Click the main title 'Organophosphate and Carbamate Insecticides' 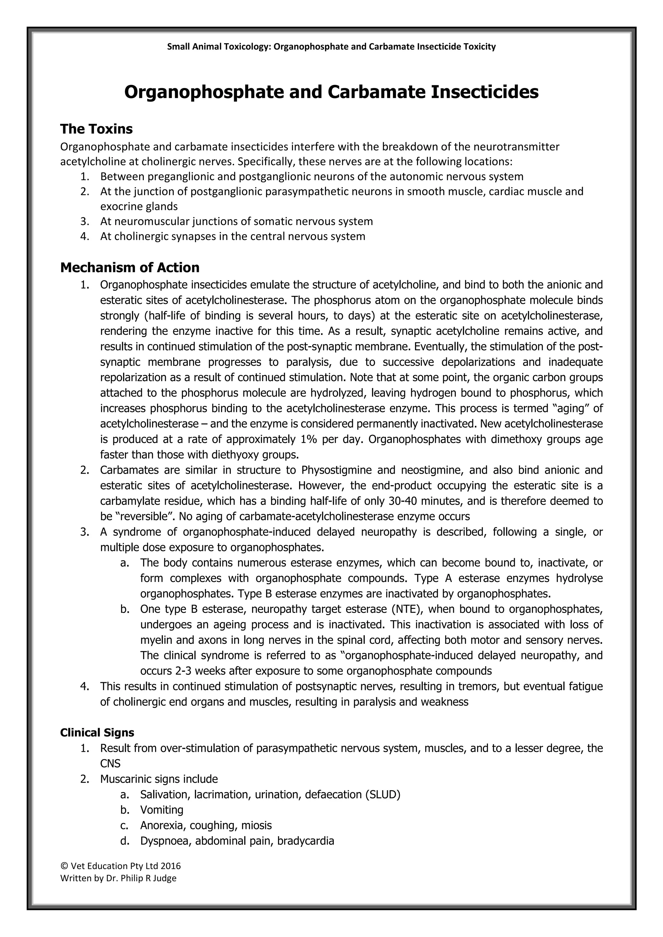pos(331,92)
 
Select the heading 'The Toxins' pos(96,129)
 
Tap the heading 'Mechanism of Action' pos(130,268)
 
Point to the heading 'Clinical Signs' pos(97,733)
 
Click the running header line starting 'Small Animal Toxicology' pos(331,47)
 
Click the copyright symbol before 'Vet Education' pos(64,866)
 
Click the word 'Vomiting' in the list pos(162,810)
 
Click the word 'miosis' pos(256,825)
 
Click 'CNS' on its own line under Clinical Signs pos(110,764)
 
